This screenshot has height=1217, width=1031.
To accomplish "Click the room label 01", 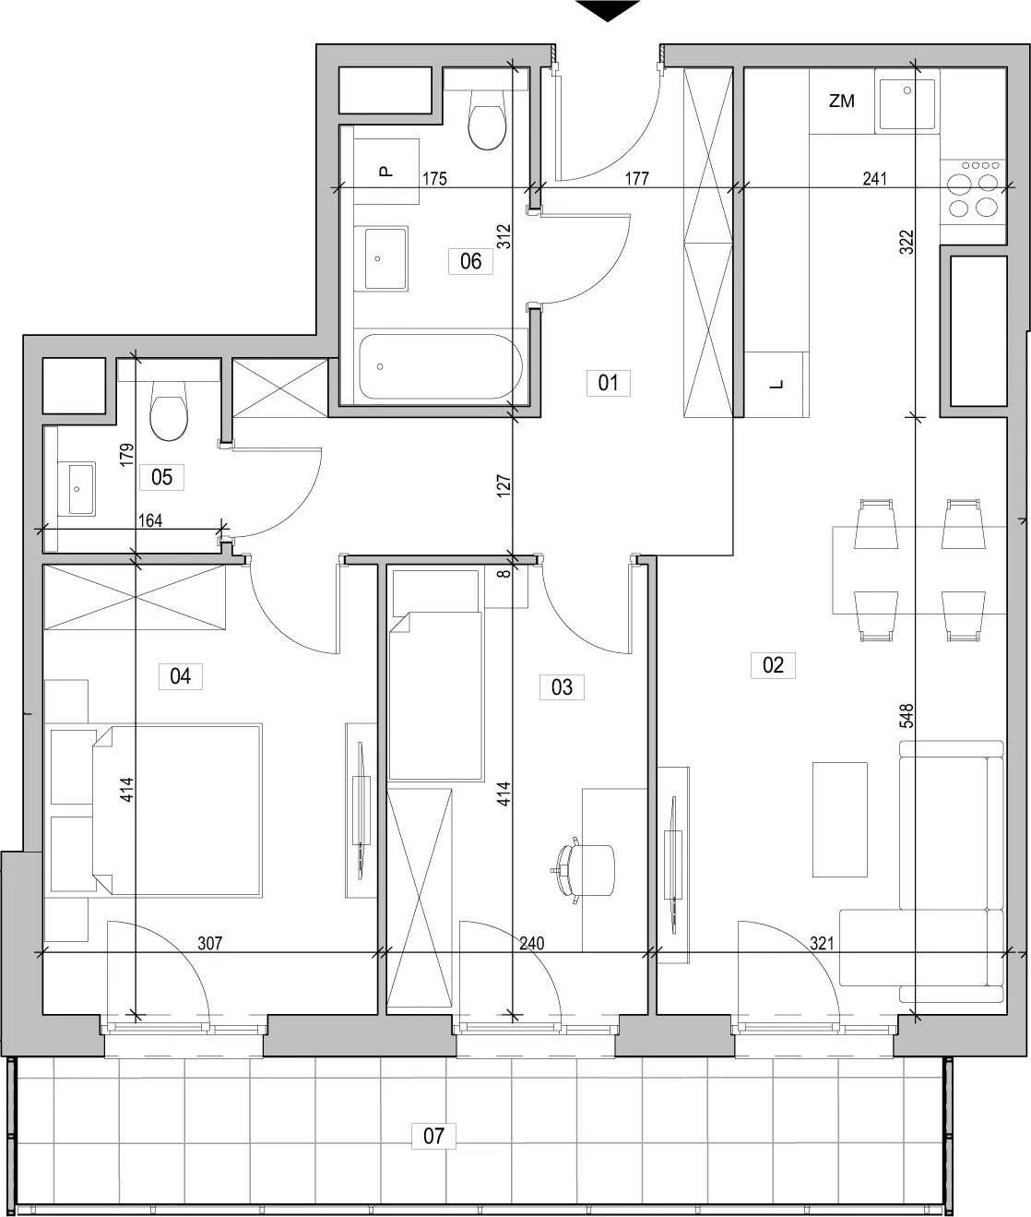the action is pyautogui.click(x=608, y=383).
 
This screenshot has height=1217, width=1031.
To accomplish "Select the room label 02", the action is pyautogui.click(x=773, y=665).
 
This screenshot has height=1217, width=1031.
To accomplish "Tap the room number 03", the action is pyautogui.click(x=562, y=687).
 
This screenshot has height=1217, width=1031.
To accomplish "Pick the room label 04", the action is pyautogui.click(x=180, y=676).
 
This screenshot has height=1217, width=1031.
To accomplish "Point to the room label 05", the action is pyautogui.click(x=161, y=477).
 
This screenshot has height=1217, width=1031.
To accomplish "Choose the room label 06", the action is pyautogui.click(x=470, y=261).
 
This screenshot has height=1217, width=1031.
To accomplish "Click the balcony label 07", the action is pyautogui.click(x=433, y=1136).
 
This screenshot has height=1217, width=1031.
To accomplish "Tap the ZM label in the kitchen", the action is pyautogui.click(x=842, y=101).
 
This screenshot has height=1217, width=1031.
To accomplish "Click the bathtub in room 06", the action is pyautogui.click(x=440, y=366).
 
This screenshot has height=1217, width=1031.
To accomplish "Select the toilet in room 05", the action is pyautogui.click(x=169, y=410).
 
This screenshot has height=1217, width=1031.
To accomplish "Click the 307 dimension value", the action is pyautogui.click(x=210, y=943).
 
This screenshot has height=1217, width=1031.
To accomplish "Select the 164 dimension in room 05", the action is pyautogui.click(x=150, y=520).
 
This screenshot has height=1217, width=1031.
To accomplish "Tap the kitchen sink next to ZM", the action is pyautogui.click(x=907, y=102).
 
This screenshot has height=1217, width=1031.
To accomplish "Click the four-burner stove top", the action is pyautogui.click(x=972, y=193).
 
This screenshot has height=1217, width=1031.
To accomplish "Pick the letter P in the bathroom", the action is pyautogui.click(x=385, y=172).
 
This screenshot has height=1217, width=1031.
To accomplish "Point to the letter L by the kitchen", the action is pyautogui.click(x=776, y=385).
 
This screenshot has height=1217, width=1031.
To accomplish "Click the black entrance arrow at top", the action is pyautogui.click(x=608, y=10).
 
